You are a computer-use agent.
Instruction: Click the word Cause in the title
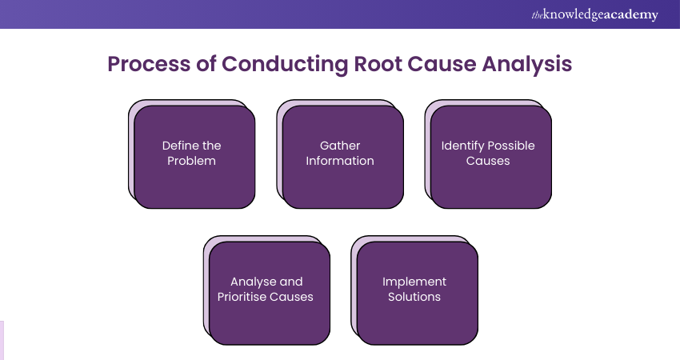coord(448,65)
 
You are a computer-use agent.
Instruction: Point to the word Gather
coord(341,146)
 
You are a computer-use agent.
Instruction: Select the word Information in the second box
coord(341,161)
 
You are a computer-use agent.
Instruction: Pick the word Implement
coord(414,282)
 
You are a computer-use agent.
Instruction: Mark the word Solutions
coord(414,297)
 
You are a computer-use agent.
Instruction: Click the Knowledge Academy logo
coord(594,14)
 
